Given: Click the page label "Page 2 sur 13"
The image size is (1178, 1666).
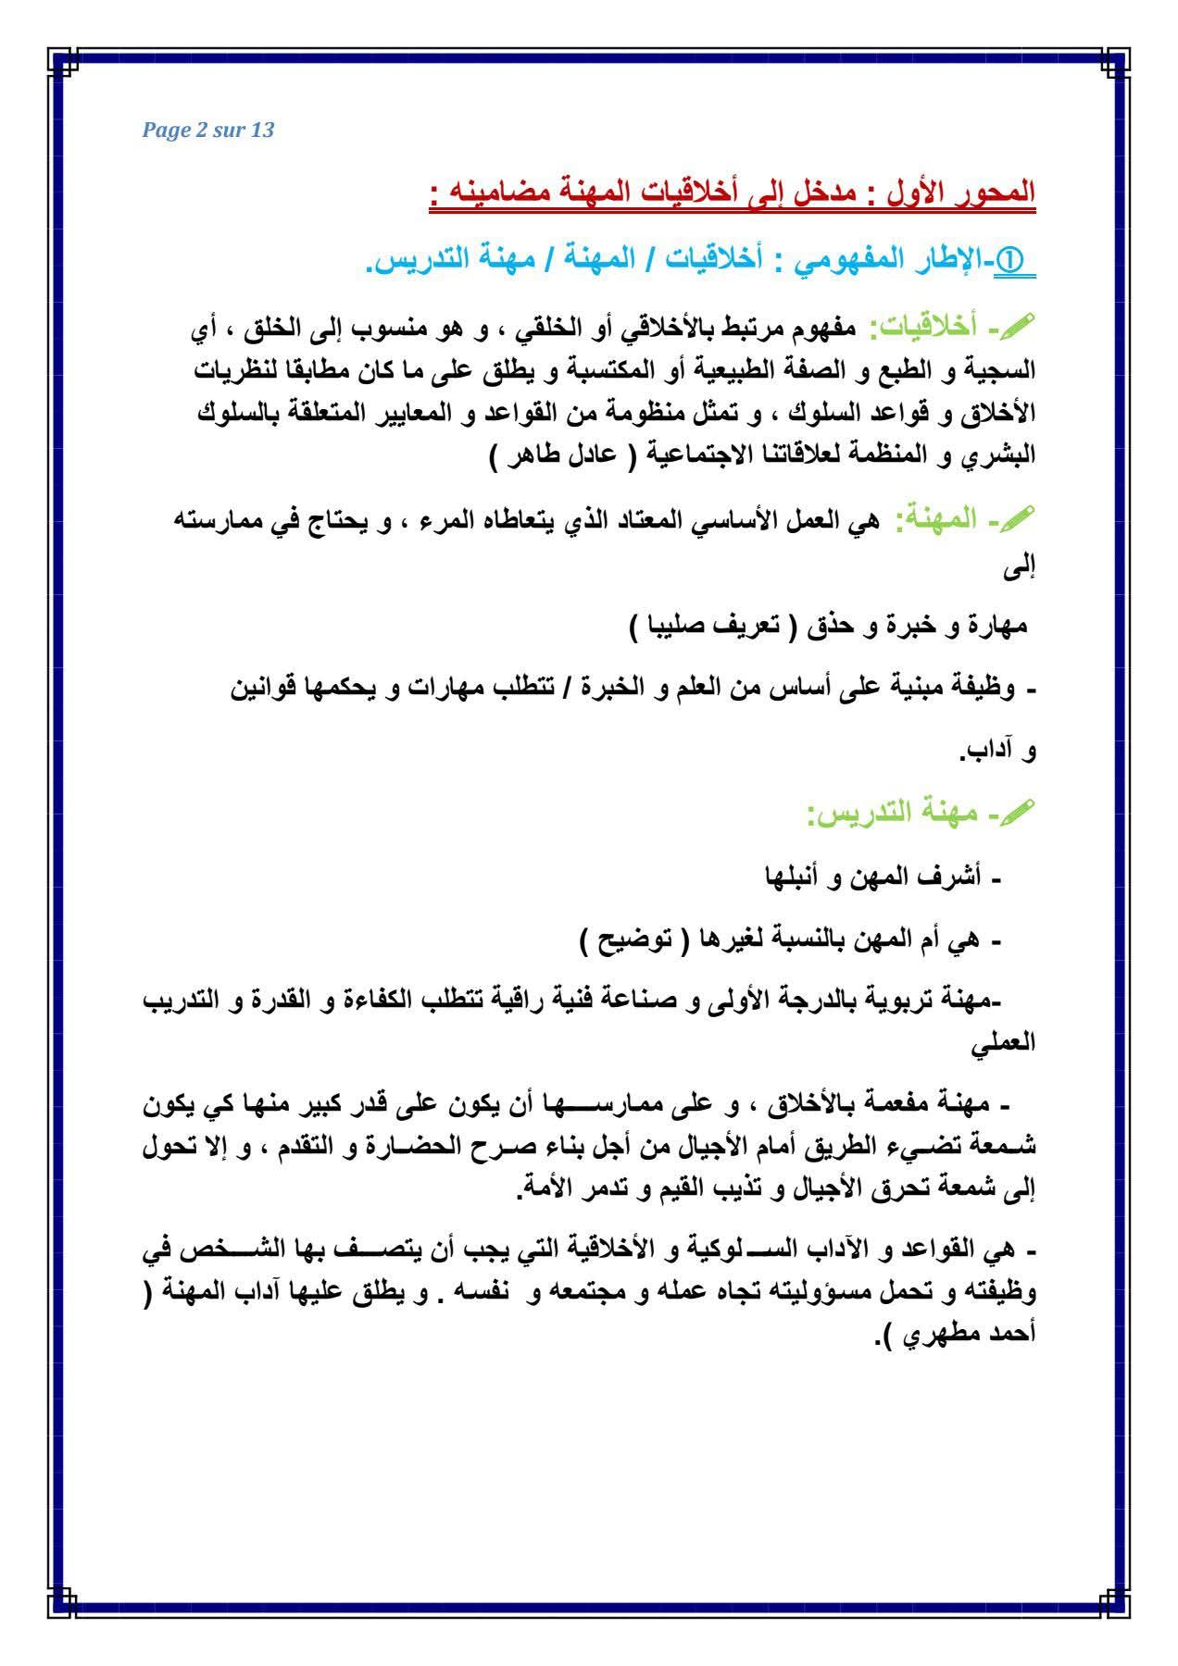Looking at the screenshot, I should click(208, 130).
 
